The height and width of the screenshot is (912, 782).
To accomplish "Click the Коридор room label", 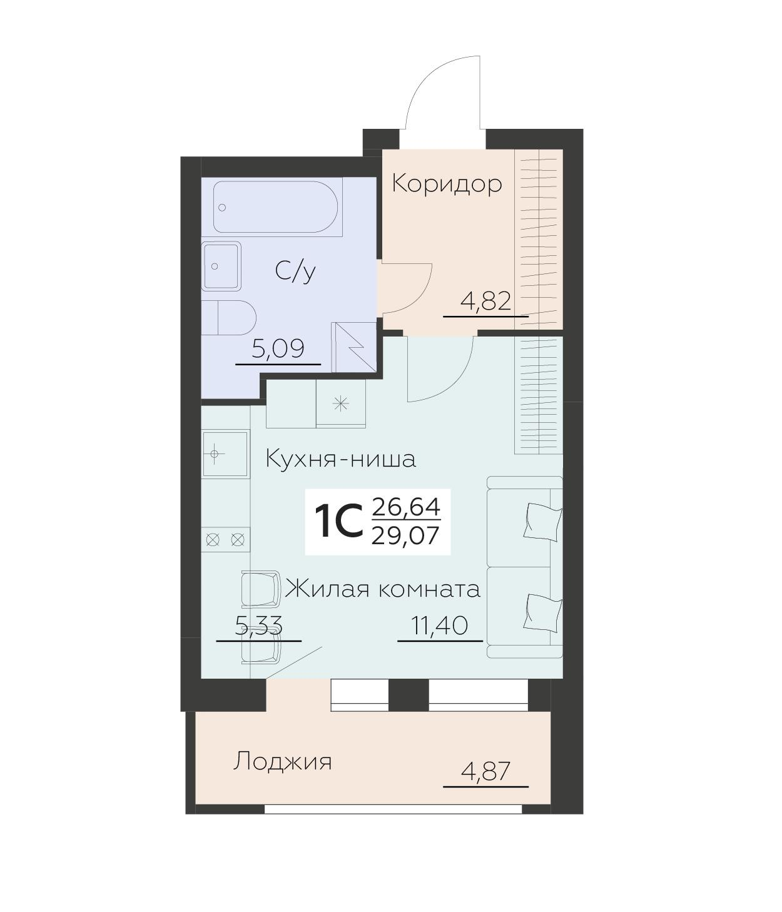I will [x=447, y=184].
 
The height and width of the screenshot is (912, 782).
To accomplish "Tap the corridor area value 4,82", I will [x=485, y=302].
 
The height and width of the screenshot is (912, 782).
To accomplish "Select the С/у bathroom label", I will [x=295, y=271].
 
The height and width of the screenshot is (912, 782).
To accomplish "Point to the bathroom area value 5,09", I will [x=278, y=349].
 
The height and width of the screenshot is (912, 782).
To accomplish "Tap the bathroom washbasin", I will [x=221, y=266].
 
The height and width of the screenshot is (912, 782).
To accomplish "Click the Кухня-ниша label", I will [x=341, y=459].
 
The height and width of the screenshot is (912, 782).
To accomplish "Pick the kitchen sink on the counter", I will [x=225, y=453].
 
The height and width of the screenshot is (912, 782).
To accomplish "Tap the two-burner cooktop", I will [x=225, y=539].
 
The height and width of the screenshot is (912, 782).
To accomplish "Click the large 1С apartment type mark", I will [x=338, y=522].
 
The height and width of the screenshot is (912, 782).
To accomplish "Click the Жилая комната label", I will [x=383, y=589].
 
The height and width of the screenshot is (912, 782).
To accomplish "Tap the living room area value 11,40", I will [x=439, y=625].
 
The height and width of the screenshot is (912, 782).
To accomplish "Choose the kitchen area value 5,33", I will [x=258, y=625].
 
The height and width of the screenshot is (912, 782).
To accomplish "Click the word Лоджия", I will [x=282, y=762].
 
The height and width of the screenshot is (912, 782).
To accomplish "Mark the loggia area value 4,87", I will [x=485, y=771].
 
